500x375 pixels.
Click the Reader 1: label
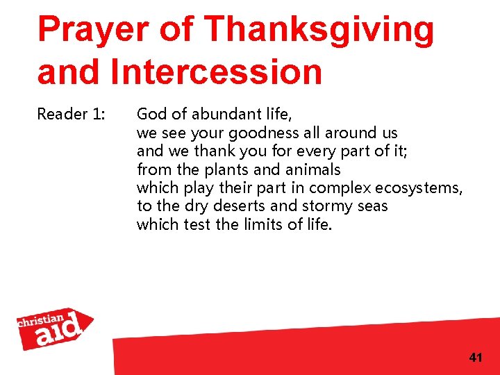(x=70, y=114)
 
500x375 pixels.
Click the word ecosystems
(x=419, y=188)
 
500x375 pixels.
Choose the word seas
(x=372, y=206)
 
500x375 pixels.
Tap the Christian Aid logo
(x=56, y=328)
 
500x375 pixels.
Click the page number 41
(x=475, y=358)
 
